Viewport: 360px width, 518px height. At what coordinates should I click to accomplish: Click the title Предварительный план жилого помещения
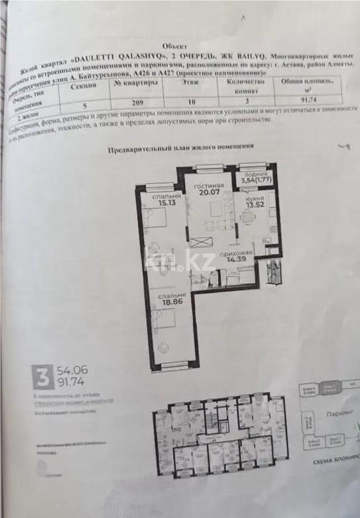180,150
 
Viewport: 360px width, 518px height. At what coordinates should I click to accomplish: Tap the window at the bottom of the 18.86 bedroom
170,365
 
